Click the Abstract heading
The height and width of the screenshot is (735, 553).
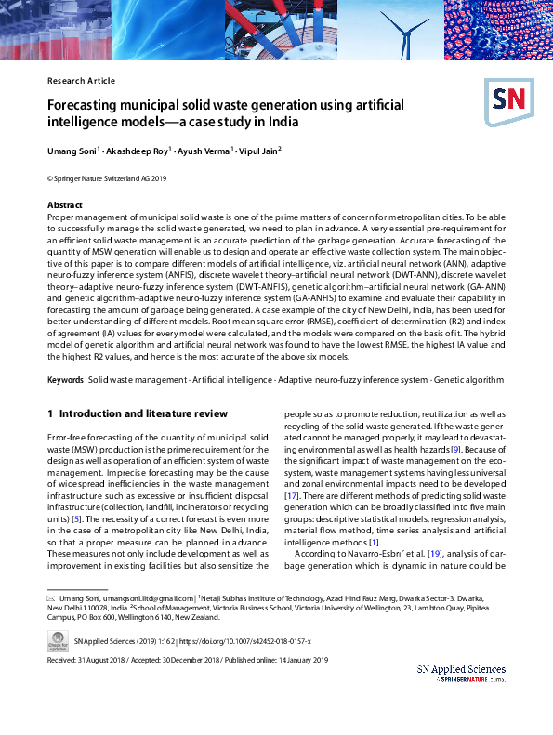65,204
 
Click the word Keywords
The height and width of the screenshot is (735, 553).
65,380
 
